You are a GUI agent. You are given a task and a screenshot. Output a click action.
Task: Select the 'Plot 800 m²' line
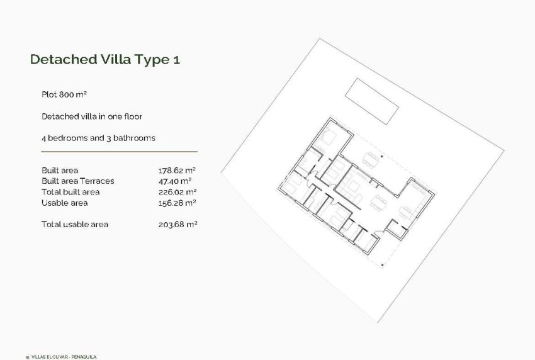[64, 94]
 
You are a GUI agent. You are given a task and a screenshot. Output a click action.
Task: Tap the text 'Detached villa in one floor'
[91, 116]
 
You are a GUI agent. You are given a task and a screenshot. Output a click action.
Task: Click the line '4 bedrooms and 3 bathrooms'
[98, 138]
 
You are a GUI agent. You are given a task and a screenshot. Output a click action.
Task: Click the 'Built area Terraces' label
[77, 181]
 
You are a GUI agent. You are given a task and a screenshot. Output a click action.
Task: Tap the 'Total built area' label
[70, 192]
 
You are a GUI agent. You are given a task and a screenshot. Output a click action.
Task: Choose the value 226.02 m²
[177, 192]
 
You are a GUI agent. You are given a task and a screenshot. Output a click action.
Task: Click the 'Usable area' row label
[64, 203]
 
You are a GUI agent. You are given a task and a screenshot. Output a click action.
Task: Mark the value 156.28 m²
[177, 203]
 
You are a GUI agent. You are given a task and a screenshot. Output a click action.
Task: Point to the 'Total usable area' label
[74, 224]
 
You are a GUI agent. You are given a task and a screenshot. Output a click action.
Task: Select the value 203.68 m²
[177, 224]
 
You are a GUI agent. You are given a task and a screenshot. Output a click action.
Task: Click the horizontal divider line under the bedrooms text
[119, 152]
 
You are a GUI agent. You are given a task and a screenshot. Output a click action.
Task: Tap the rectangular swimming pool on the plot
[372, 102]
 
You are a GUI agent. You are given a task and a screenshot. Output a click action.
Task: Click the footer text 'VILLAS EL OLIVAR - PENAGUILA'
[64, 356]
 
